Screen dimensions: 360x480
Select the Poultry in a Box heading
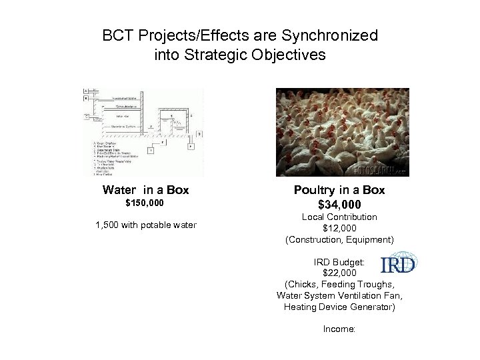(339, 190)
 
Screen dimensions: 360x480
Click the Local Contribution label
(339, 217)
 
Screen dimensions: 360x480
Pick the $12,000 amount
(339, 228)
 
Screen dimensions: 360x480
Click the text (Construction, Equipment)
(339, 239)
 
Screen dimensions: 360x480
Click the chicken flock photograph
(343, 133)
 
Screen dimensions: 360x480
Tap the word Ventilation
(362, 296)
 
